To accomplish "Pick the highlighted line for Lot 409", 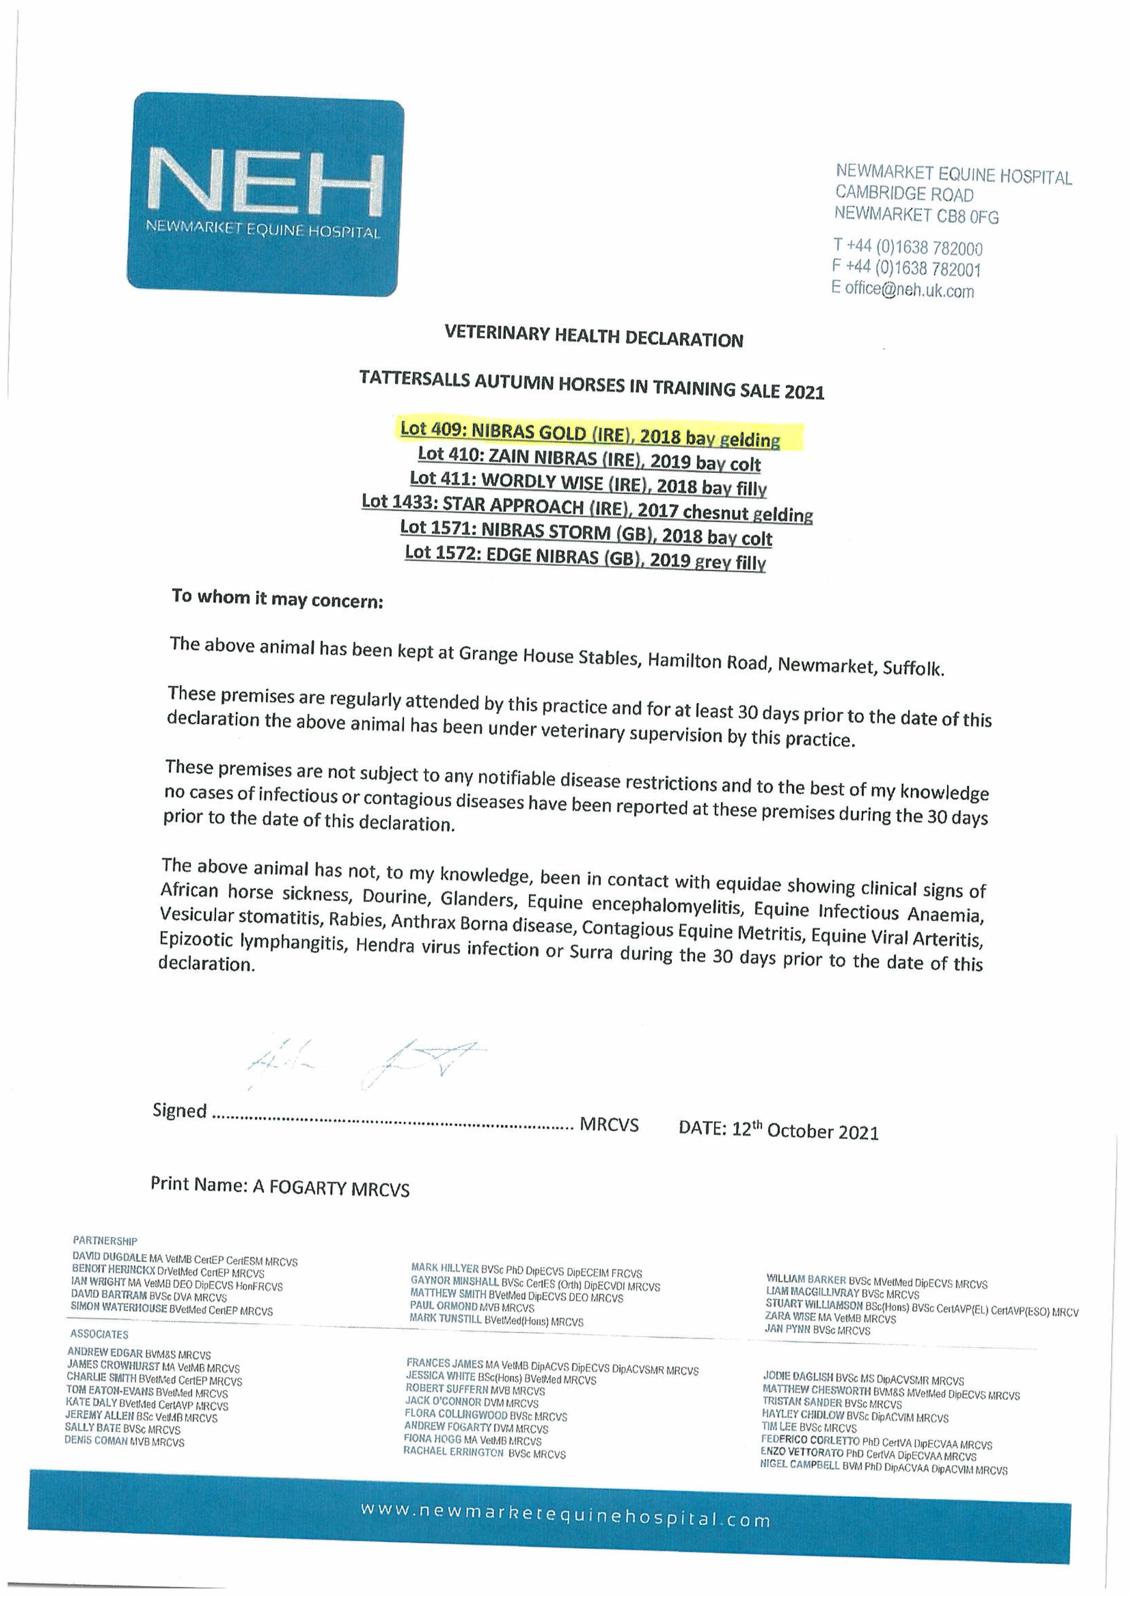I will point(590,434).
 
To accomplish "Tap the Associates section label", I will point(99,1334).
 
